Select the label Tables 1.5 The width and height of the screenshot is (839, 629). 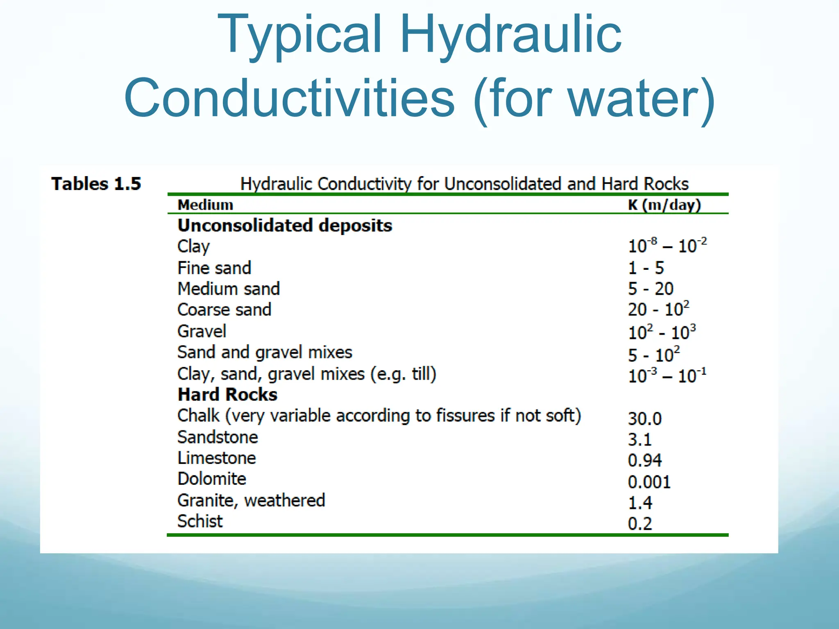[x=96, y=184]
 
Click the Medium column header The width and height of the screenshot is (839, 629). [x=205, y=205]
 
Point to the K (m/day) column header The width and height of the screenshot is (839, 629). [x=664, y=205]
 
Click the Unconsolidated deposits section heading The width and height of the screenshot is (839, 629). [x=285, y=226]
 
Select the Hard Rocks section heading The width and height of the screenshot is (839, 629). [x=227, y=395]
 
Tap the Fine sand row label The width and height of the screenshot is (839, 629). [x=214, y=268]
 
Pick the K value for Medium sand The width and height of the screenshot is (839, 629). [x=651, y=289]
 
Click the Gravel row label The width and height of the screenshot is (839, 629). [x=202, y=331]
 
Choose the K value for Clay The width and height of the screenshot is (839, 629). [x=667, y=246]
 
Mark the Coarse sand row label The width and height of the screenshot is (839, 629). [x=224, y=310]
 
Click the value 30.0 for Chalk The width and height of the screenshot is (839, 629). [x=644, y=419]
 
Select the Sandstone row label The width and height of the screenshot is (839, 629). [x=218, y=437]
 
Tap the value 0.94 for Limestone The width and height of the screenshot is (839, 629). [x=644, y=461]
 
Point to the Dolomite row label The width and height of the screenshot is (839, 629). [x=211, y=479]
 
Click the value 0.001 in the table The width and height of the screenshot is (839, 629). [x=649, y=482]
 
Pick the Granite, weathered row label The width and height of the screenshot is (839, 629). [x=251, y=500]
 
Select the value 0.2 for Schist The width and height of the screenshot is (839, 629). [x=639, y=524]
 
